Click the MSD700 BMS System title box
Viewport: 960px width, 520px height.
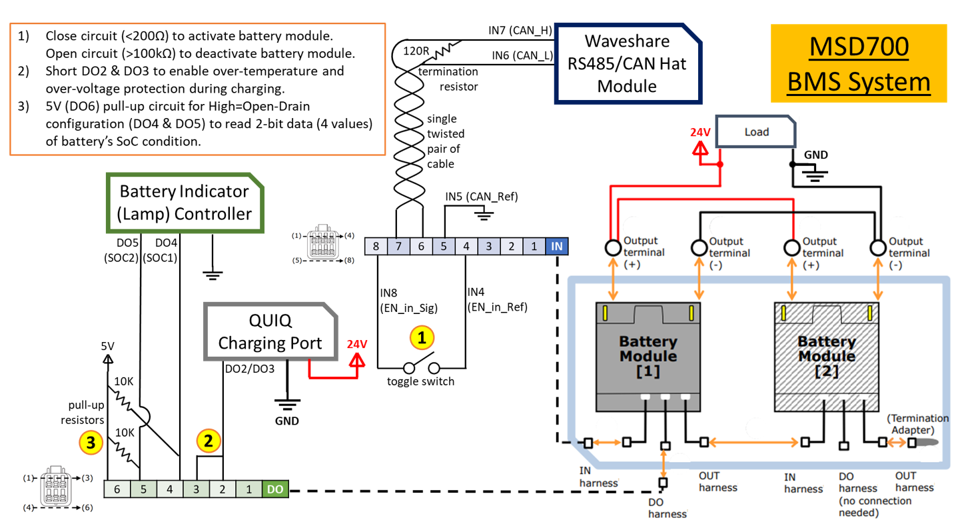tap(858, 64)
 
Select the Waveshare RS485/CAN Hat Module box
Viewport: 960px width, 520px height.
tap(626, 64)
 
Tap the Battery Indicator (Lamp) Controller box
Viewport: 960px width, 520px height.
tap(185, 203)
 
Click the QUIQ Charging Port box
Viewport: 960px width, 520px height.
tap(270, 333)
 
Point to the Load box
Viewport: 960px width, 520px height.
tap(756, 132)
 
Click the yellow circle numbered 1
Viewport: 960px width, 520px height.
tap(421, 338)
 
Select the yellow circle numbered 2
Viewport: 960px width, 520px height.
tap(208, 441)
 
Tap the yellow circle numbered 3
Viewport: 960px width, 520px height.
tap(91, 442)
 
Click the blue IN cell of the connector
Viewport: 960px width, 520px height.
tap(557, 247)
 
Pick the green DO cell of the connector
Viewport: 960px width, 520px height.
tap(275, 489)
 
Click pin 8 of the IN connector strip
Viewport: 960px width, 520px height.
tap(376, 247)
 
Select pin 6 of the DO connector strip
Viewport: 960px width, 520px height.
tap(117, 489)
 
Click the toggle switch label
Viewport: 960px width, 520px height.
tap(420, 381)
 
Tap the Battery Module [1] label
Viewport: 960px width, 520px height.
tap(648, 356)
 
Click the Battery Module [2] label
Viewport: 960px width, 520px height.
tap(826, 356)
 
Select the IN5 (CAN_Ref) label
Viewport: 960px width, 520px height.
tap(481, 197)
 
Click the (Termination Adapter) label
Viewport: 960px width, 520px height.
tap(917, 424)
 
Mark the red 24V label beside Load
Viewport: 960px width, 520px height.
tap(700, 132)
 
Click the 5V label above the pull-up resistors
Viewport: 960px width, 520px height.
tap(107, 347)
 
